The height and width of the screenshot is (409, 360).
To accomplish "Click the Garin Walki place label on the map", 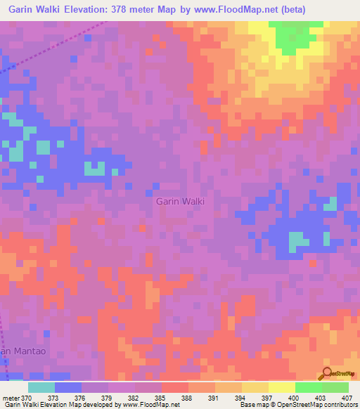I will [180, 201].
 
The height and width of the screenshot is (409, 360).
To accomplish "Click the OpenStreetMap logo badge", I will [337, 374].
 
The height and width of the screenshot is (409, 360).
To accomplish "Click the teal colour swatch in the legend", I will [41, 387].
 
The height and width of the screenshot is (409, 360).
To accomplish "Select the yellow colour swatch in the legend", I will [255, 387].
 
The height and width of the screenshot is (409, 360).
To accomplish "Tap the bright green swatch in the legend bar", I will [309, 387].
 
